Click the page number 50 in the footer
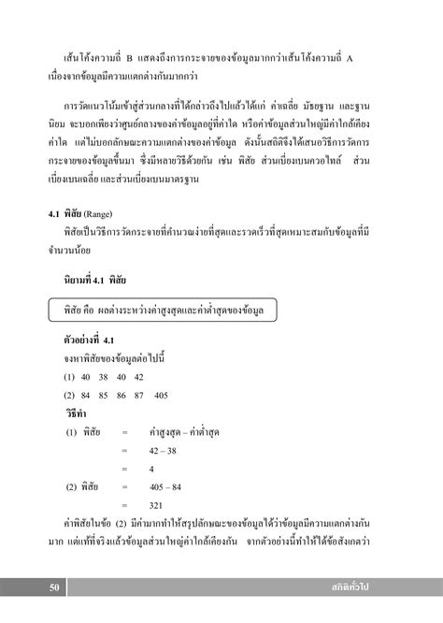pyautogui.click(x=55, y=587)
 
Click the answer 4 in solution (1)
pyautogui.click(x=151, y=470)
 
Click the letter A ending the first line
pyautogui.click(x=380, y=54)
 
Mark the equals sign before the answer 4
pyautogui.click(x=123, y=470)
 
